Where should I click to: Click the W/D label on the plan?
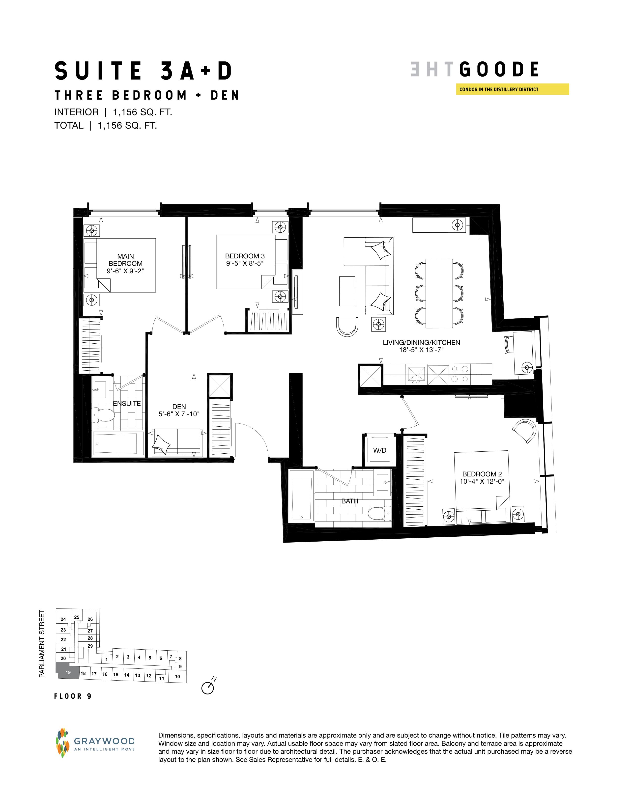380,450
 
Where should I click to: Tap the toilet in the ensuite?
103,415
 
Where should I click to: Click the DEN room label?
179,407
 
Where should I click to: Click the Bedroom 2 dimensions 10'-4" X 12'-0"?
482,481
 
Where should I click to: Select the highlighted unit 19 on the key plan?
68,672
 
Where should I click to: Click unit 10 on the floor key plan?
178,677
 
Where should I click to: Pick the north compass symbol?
208,687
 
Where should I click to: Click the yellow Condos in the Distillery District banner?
512,89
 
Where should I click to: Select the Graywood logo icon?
62,743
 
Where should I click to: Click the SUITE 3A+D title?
144,71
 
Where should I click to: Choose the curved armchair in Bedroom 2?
525,430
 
